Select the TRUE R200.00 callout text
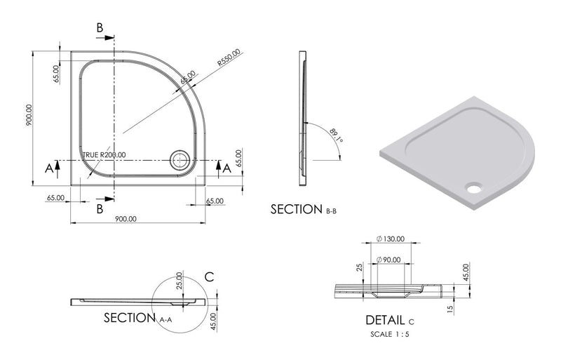point(104,154)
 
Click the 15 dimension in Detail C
point(450,307)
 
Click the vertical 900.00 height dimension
point(29,116)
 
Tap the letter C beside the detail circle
point(208,276)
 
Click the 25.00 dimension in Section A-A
point(179,281)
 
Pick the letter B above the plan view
point(100,27)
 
